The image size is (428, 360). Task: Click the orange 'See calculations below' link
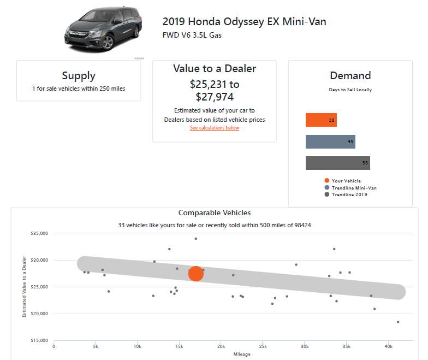point(214,128)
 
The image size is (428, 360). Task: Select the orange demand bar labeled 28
point(321,120)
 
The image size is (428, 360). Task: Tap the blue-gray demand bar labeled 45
point(330,141)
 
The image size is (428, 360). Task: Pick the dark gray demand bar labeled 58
point(337,163)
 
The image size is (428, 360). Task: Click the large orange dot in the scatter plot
point(196,274)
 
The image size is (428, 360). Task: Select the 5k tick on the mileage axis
point(96,346)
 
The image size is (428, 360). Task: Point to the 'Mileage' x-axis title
point(241,354)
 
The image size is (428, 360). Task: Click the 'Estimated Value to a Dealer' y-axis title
point(24,287)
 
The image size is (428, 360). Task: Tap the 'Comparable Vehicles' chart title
point(215,213)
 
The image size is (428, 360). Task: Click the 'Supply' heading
point(79,76)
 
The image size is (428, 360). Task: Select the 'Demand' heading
point(350,75)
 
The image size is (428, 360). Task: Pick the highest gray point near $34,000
point(195,239)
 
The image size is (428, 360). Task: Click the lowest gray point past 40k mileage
point(398,322)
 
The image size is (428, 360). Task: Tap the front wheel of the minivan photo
point(107,41)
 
